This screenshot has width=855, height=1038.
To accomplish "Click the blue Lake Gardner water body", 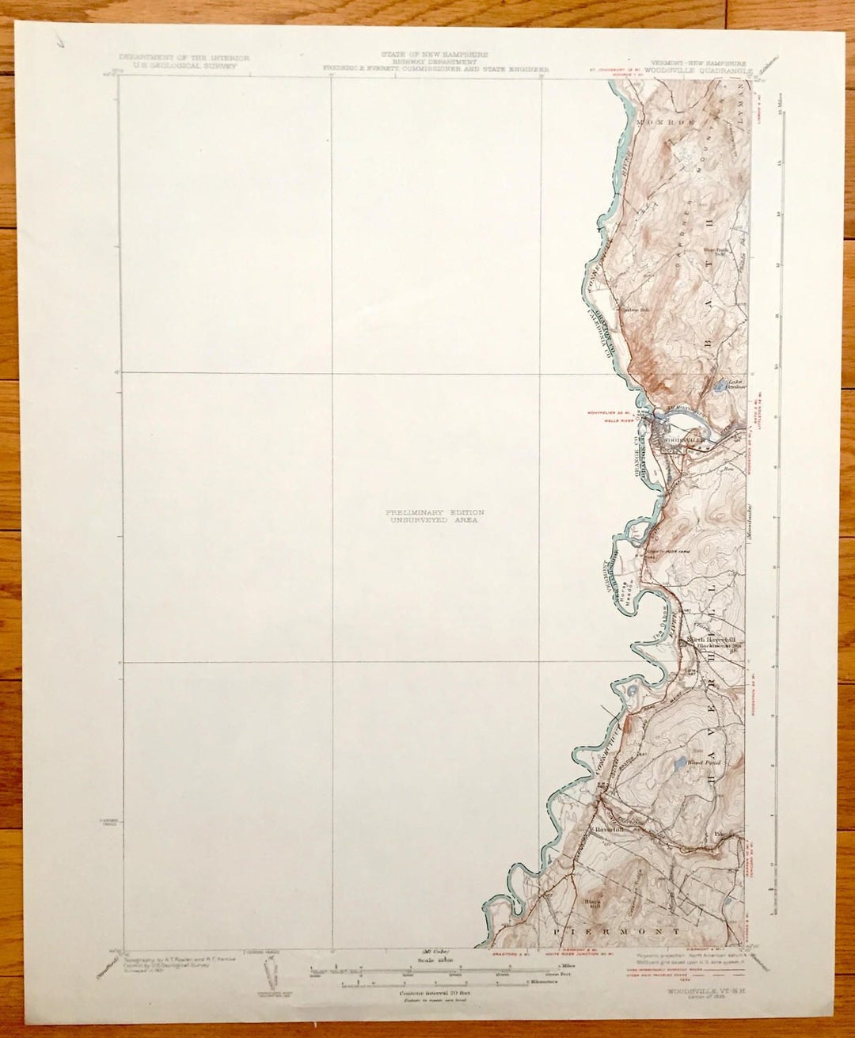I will pyautogui.click(x=719, y=388).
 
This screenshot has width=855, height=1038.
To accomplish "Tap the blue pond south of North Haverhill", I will pyautogui.click(x=678, y=764).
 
